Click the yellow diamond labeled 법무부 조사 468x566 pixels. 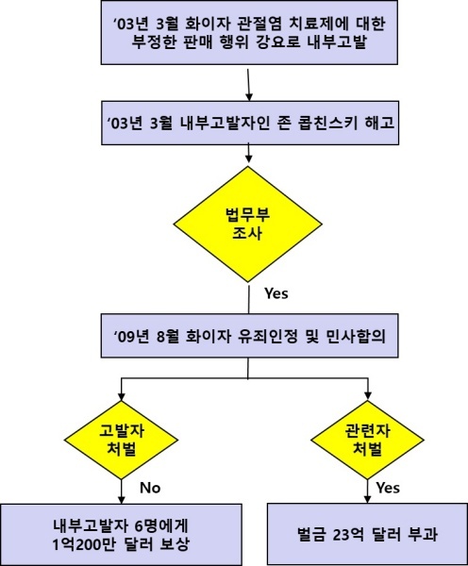[x=248, y=224]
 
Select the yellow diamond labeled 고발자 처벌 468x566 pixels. [x=122, y=440]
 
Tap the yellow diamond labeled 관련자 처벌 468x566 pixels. [x=367, y=440]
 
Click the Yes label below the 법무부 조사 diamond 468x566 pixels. [x=276, y=293]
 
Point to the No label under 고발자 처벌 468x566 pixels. [x=150, y=488]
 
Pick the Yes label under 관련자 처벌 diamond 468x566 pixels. [x=388, y=488]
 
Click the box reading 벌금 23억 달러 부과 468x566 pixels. [x=367, y=534]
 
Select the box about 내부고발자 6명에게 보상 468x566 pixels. [x=121, y=535]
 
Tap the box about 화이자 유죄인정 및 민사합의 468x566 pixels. [x=249, y=336]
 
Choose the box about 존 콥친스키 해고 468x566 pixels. [x=250, y=123]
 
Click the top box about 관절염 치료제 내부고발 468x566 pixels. [x=249, y=32]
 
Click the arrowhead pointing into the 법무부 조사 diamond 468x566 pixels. [x=248, y=158]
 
